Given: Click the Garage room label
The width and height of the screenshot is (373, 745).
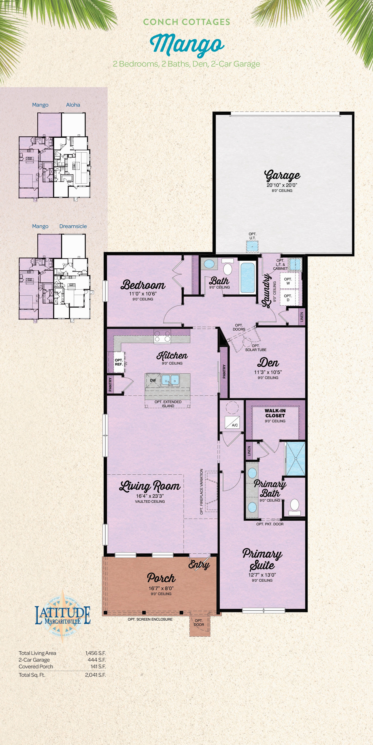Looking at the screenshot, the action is pyautogui.click(x=282, y=175).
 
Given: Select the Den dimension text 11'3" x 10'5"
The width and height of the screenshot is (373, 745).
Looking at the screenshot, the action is pyautogui.click(x=268, y=372).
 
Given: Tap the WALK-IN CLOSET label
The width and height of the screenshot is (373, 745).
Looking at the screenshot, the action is pyautogui.click(x=275, y=413).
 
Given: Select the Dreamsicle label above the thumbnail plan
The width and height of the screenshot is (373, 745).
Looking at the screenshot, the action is pyautogui.click(x=73, y=226).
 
